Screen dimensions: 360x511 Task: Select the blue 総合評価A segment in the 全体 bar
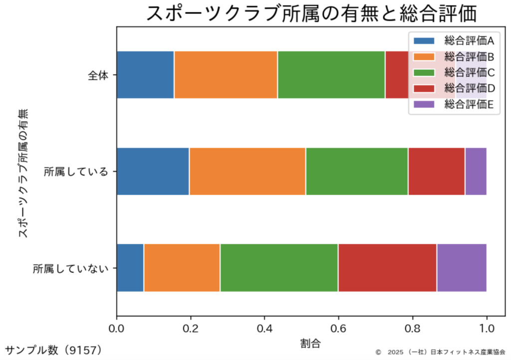pos(145,75)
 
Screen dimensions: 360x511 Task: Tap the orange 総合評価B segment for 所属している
pos(247,172)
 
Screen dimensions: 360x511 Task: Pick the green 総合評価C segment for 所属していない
pos(278,268)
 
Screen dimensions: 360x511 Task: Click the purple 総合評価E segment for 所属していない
pos(461,268)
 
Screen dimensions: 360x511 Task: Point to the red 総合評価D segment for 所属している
pos(436,172)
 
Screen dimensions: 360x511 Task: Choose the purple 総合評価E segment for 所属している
pos(476,172)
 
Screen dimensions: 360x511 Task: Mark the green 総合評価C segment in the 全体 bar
pos(331,75)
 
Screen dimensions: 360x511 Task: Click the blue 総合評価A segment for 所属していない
pos(130,268)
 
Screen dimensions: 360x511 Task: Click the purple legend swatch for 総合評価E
pos(424,104)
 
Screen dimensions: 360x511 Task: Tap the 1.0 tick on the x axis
pos(486,329)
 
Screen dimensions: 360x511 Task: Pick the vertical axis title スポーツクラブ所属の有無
pos(23,172)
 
